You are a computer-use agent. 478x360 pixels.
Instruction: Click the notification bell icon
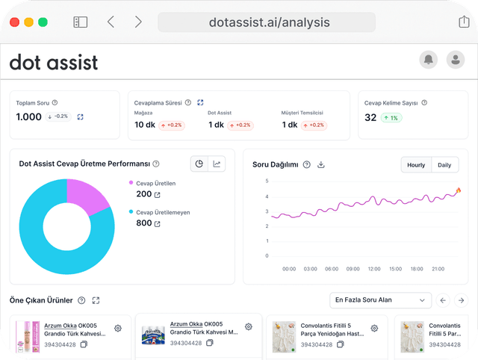(x=429, y=60)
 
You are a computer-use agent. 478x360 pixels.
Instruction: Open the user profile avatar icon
(x=454, y=60)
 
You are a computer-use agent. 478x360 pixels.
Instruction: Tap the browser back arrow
(x=111, y=22)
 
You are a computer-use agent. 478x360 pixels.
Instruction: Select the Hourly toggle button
(x=416, y=164)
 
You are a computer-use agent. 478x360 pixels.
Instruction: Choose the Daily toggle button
(x=444, y=164)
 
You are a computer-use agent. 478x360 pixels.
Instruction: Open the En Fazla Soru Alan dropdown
(x=380, y=300)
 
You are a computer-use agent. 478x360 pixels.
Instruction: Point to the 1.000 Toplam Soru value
(x=29, y=117)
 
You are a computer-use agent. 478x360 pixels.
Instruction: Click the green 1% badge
(x=391, y=117)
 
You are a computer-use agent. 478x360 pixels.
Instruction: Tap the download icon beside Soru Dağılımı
(x=321, y=164)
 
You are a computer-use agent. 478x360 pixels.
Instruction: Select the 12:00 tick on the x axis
(x=374, y=268)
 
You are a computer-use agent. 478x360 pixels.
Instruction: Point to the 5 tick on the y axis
(x=266, y=181)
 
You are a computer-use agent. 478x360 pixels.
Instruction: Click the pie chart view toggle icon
(x=199, y=164)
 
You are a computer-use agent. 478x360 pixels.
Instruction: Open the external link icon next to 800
(x=158, y=223)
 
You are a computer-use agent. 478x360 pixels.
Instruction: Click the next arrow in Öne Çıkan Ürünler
(x=462, y=300)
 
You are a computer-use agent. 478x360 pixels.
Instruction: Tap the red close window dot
(x=16, y=22)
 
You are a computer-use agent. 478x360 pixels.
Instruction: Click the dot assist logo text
(x=53, y=63)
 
